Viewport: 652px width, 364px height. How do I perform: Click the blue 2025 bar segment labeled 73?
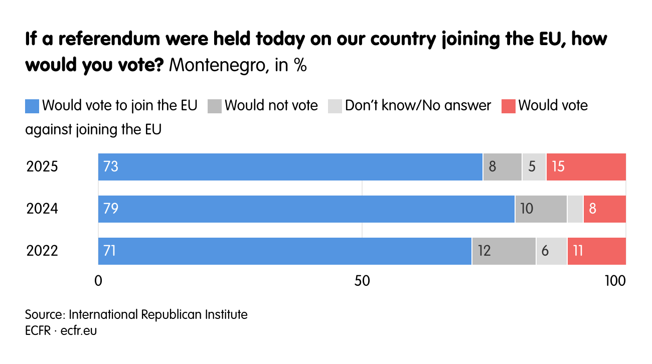(x=290, y=167)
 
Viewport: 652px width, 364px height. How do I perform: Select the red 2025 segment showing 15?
(x=586, y=167)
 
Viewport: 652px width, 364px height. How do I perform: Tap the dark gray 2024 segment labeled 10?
(x=541, y=209)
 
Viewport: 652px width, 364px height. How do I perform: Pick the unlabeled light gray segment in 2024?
(x=575, y=209)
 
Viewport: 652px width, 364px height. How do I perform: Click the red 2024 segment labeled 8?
(x=604, y=209)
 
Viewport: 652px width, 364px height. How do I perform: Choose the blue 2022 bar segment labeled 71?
(x=284, y=251)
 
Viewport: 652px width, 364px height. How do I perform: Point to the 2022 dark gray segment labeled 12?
(x=504, y=251)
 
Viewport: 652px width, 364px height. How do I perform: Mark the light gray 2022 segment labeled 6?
(x=551, y=251)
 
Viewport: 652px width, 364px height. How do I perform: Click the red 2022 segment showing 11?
(x=596, y=251)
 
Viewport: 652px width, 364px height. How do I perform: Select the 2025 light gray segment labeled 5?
(x=534, y=167)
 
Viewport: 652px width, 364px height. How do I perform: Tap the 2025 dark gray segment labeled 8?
(x=502, y=167)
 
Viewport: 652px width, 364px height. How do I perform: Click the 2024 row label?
(x=42, y=209)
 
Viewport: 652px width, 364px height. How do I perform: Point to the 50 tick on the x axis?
(x=362, y=281)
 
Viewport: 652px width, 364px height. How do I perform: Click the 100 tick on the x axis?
(x=615, y=281)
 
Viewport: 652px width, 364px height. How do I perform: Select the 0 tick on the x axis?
(x=98, y=281)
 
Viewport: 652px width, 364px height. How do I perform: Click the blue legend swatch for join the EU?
(x=32, y=106)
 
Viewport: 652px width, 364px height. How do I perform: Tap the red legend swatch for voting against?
(x=508, y=106)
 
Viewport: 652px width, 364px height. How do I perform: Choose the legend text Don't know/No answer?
(x=418, y=106)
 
